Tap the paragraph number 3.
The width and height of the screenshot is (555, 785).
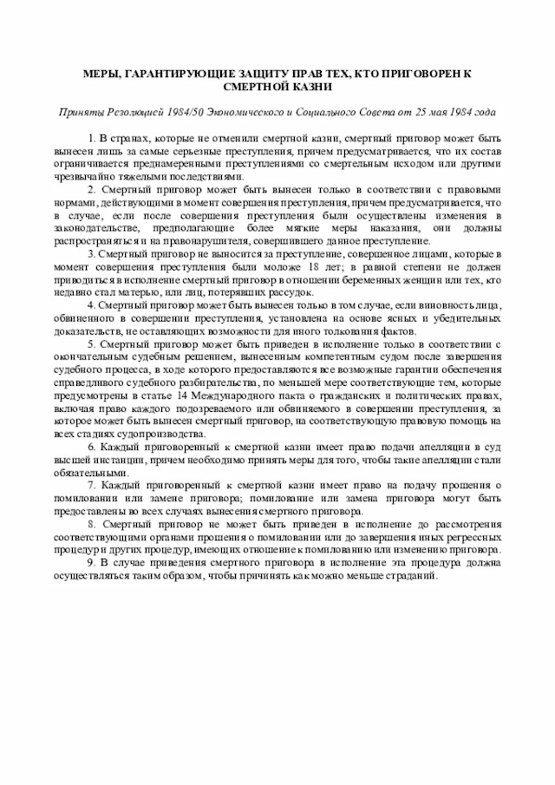(x=92, y=254)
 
